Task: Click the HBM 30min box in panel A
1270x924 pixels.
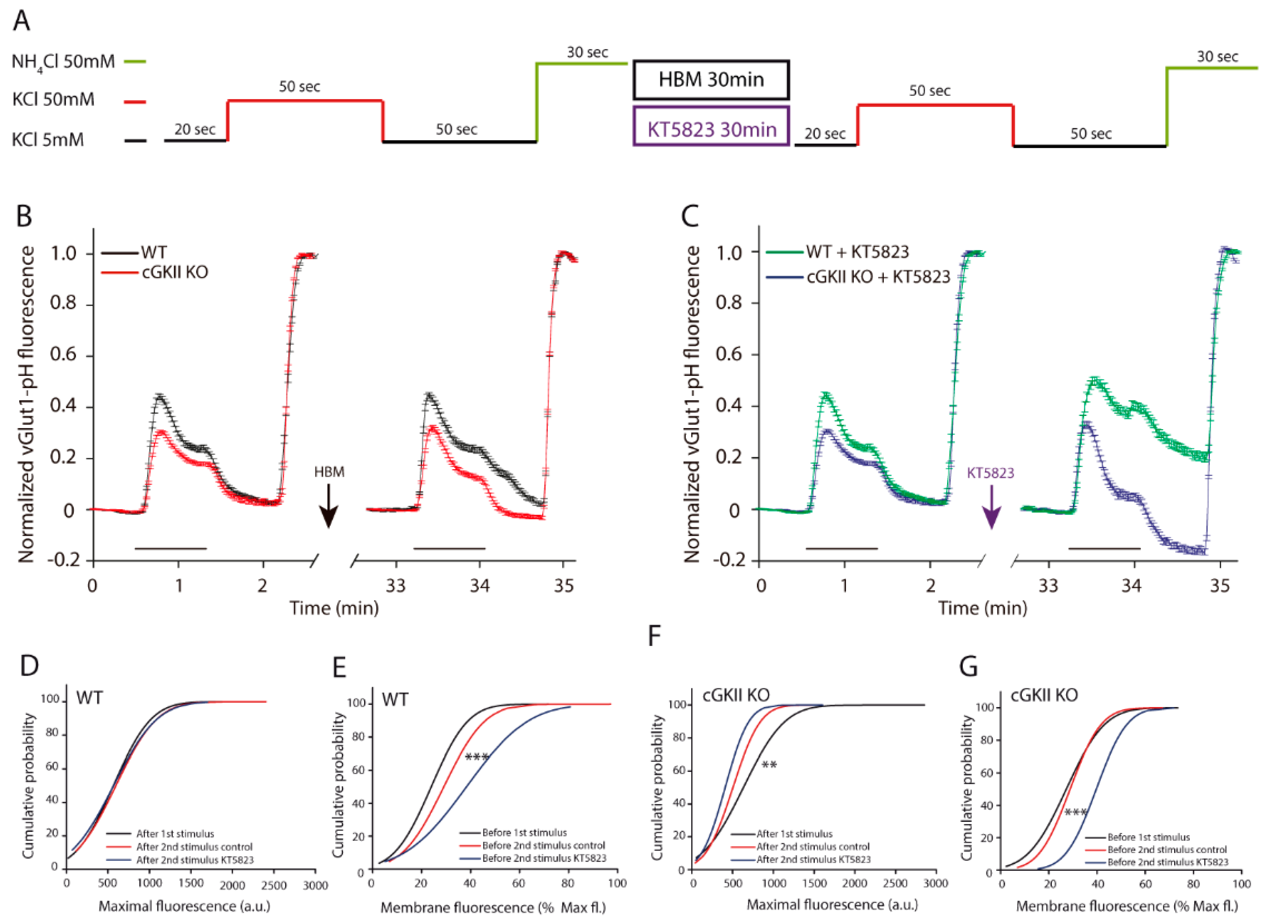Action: coord(711,80)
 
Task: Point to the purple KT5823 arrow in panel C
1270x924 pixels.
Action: coord(992,507)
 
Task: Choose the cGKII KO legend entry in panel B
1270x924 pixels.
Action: coord(155,273)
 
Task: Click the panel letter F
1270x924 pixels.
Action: coord(654,637)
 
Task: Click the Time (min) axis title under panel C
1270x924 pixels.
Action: coord(983,608)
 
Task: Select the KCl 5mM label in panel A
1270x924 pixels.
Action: coord(48,139)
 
